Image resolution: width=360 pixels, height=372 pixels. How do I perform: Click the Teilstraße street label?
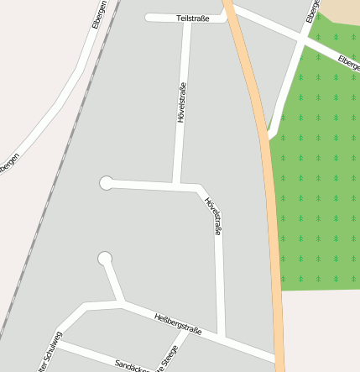click(x=193, y=18)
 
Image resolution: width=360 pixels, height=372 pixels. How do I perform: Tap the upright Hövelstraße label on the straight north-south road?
click(x=180, y=103)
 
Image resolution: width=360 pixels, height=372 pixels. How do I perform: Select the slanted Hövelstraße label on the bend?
click(x=213, y=216)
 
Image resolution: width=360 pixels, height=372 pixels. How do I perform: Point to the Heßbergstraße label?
click(x=178, y=324)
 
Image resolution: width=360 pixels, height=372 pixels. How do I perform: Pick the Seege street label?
click(x=170, y=357)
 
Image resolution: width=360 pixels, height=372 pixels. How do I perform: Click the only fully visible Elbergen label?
click(x=98, y=14)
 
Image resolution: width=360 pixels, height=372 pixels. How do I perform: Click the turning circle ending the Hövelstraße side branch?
click(x=107, y=182)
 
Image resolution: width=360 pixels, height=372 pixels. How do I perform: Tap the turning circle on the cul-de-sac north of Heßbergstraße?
click(x=105, y=258)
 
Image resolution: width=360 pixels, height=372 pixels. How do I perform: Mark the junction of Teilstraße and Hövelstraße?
click(x=185, y=18)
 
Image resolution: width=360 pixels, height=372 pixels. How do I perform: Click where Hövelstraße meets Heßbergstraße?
click(x=222, y=338)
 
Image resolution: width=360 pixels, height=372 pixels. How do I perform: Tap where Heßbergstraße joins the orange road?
click(x=277, y=361)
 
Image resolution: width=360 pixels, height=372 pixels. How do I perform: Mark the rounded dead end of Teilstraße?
click(x=149, y=17)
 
